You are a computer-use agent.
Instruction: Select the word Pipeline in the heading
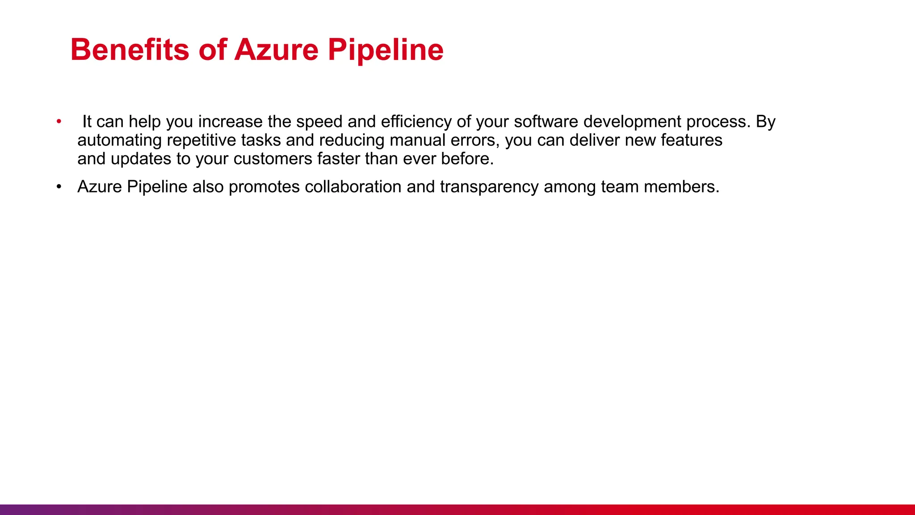pyautogui.click(x=386, y=50)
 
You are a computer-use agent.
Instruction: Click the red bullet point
pyautogui.click(x=59, y=122)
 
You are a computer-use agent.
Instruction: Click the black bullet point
pyautogui.click(x=59, y=187)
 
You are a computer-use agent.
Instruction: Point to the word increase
pyautogui.click(x=230, y=122)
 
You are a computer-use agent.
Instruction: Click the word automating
pyautogui.click(x=119, y=141)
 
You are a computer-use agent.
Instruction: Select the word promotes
pyautogui.click(x=264, y=187)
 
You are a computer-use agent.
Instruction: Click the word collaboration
pyautogui.click(x=353, y=187)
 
